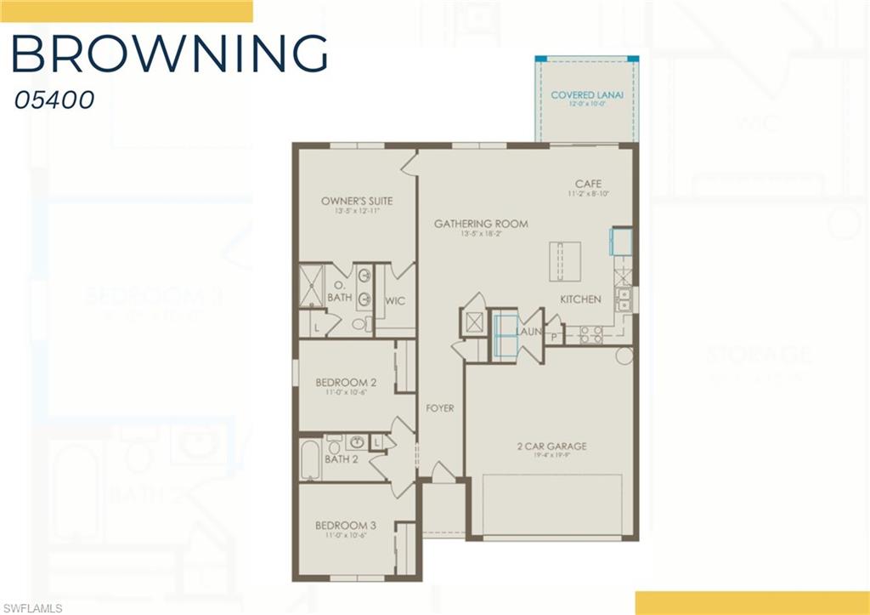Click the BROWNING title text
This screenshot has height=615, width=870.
169,54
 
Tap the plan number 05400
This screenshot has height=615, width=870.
54,100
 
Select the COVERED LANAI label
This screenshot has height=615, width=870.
587,94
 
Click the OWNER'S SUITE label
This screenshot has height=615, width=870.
357,201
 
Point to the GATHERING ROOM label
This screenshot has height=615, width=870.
481,224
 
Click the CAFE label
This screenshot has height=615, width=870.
588,184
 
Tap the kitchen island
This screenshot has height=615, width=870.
565,259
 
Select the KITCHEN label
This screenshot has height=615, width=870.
580,299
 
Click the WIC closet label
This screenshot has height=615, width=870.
395,301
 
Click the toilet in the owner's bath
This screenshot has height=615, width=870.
360,324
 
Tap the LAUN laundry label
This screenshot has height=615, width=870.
528,333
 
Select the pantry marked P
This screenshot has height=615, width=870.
554,337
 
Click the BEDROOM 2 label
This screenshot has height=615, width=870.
346,382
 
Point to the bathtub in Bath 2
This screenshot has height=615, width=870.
311,461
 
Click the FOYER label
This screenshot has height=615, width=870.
439,408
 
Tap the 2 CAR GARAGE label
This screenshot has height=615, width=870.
551,446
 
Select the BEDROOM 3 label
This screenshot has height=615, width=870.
346,525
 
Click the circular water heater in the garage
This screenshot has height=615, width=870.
624,355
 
